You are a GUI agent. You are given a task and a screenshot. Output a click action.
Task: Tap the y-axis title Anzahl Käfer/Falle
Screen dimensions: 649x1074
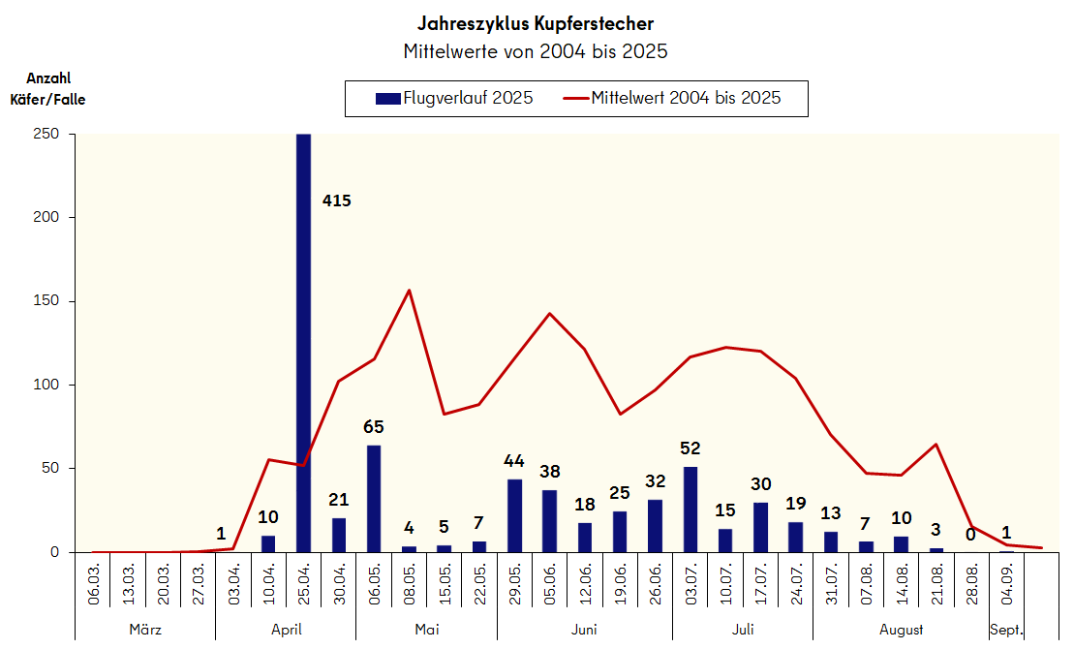click(x=47, y=88)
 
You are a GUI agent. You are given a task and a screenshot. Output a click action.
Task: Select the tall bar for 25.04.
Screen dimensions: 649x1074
click(x=303, y=343)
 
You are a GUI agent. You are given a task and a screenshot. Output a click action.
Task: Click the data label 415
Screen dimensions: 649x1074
click(x=336, y=201)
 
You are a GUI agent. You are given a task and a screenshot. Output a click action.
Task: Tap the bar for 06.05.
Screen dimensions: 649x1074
click(x=374, y=499)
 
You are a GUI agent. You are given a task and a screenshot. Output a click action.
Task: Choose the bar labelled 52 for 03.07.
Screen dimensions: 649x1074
click(x=690, y=510)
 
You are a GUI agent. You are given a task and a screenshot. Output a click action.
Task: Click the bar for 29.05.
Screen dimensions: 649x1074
click(x=514, y=515)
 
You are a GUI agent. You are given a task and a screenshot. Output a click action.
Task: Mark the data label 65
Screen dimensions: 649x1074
click(x=374, y=426)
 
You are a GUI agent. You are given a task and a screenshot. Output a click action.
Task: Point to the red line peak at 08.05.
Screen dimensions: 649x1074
click(x=409, y=291)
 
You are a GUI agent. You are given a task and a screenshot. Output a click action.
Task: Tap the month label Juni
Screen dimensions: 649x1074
click(x=584, y=630)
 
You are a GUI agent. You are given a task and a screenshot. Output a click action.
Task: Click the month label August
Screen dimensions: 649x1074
click(x=901, y=630)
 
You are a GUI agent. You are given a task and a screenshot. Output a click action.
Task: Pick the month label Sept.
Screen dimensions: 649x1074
click(x=1006, y=630)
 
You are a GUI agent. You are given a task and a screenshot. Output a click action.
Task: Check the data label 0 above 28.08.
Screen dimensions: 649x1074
click(x=972, y=533)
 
